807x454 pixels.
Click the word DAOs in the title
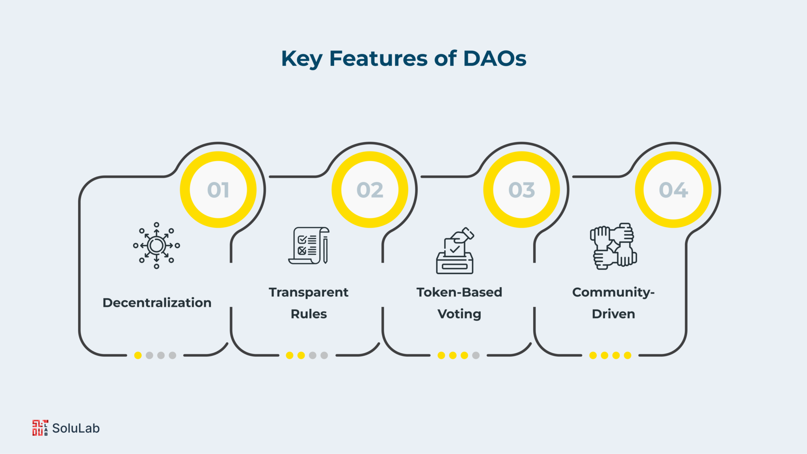click(495, 59)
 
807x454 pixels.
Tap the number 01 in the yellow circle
click(218, 190)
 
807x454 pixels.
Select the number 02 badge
click(370, 190)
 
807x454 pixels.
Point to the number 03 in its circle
click(522, 190)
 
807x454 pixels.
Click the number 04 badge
click(673, 190)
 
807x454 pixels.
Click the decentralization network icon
click(156, 246)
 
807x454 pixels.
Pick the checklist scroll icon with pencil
click(309, 246)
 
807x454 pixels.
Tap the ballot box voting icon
click(455, 250)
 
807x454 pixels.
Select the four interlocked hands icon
click(614, 246)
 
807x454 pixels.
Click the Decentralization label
click(157, 303)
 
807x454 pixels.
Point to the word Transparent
click(309, 292)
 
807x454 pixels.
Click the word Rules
click(309, 314)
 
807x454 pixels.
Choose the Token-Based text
click(459, 292)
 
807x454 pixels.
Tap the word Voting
click(459, 314)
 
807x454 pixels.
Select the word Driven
click(614, 314)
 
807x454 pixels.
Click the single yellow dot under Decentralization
click(138, 355)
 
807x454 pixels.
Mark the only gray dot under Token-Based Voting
click(476, 355)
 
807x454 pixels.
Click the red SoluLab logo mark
click(40, 428)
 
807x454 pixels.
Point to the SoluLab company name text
click(76, 428)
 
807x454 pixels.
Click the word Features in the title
click(378, 59)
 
